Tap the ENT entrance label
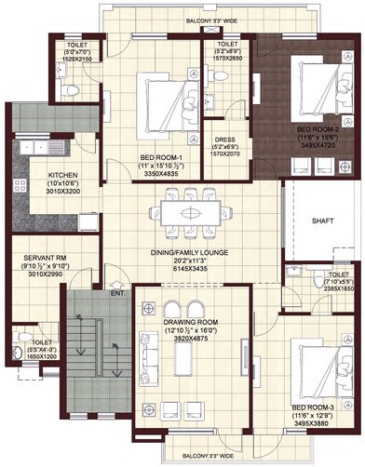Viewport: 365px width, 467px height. click(118, 294)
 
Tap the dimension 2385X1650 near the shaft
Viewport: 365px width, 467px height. click(331, 287)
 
